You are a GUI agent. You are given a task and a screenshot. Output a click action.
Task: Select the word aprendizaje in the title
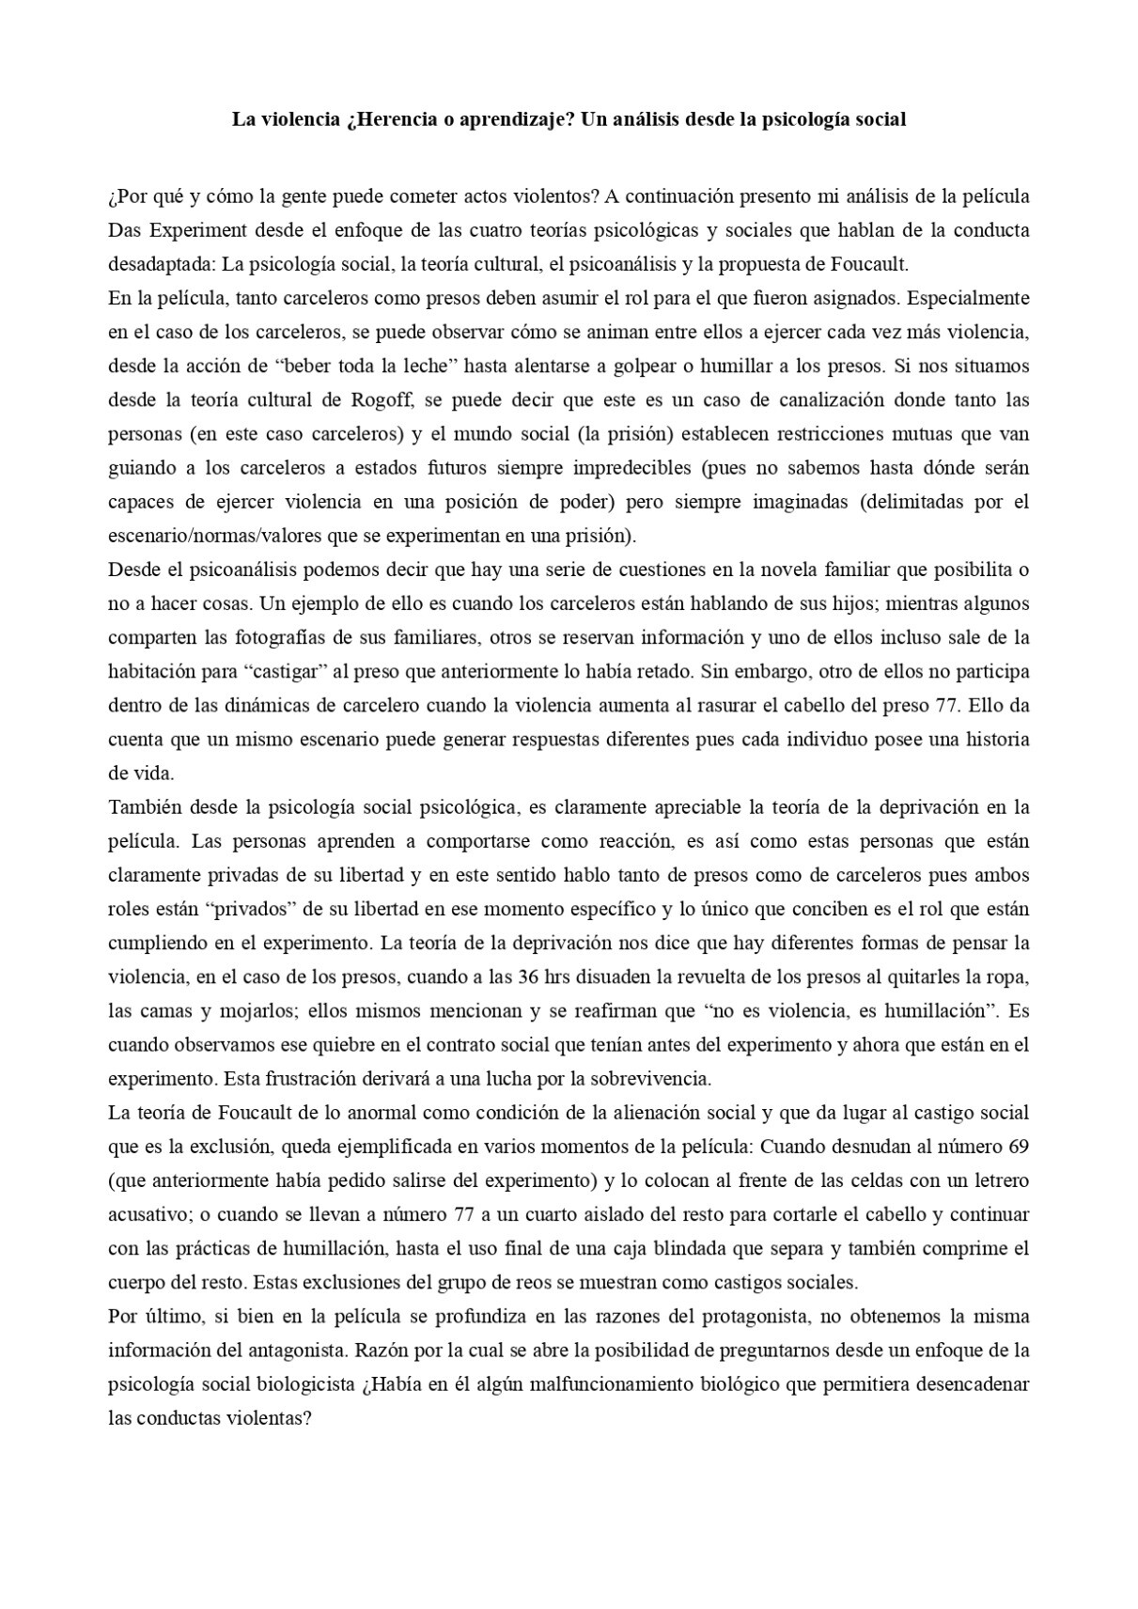click(x=515, y=119)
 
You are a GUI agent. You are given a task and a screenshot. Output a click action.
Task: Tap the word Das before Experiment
click(x=123, y=230)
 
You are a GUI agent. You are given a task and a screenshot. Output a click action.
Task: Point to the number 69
click(x=1018, y=1147)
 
